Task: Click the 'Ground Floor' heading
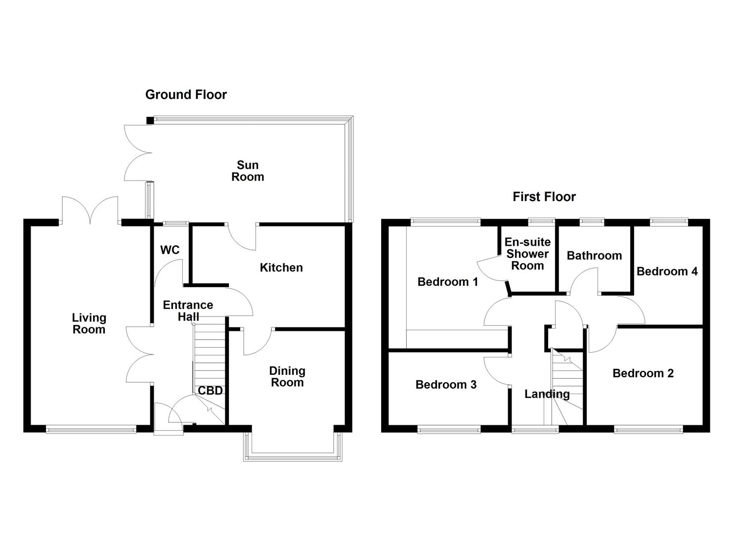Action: coord(186,94)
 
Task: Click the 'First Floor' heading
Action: coord(544,197)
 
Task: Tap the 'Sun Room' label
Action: coord(248,171)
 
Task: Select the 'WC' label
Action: coord(170,250)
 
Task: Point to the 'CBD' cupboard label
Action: coord(210,391)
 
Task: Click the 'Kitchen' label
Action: coord(281,267)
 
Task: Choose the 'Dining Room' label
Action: coord(287,377)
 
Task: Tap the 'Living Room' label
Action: coord(89,324)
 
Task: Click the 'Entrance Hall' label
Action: coord(188,311)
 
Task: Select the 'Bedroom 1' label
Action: coord(447,282)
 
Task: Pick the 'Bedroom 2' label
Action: coord(643,373)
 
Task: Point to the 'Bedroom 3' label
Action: coord(446,385)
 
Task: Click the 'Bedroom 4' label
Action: coord(667,271)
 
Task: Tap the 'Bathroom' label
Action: coord(594,256)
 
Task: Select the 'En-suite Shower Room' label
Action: coord(527,254)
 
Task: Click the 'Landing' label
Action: coord(547,394)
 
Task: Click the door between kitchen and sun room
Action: coord(242,236)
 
